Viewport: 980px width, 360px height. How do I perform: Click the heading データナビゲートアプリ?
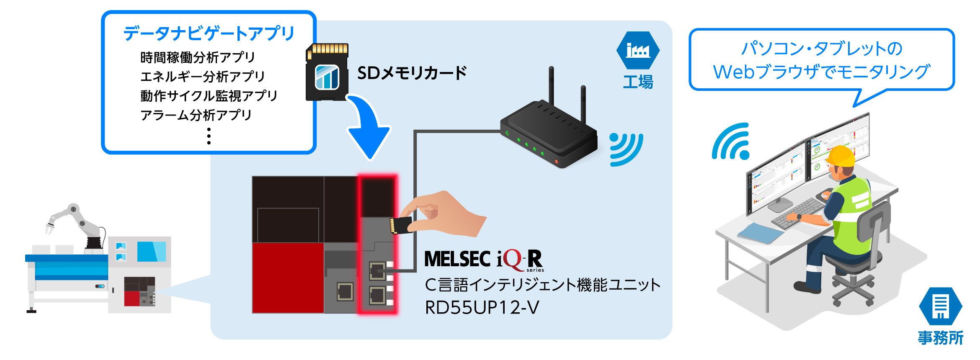click(209, 33)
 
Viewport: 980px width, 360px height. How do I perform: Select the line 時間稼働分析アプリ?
click(197, 57)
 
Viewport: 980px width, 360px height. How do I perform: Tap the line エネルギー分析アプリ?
click(202, 77)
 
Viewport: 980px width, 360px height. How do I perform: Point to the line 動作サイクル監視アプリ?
click(209, 96)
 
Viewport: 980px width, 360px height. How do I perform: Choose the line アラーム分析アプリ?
click(196, 115)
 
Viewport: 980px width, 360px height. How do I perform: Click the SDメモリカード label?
click(412, 73)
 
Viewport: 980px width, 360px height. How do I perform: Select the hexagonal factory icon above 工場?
click(638, 51)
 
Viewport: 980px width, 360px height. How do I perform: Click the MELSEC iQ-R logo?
click(484, 260)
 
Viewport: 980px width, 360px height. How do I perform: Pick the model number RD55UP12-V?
click(482, 308)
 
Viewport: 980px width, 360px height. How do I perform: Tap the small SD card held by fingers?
click(401, 225)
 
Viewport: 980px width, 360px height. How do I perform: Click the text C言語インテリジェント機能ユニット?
click(542, 285)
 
